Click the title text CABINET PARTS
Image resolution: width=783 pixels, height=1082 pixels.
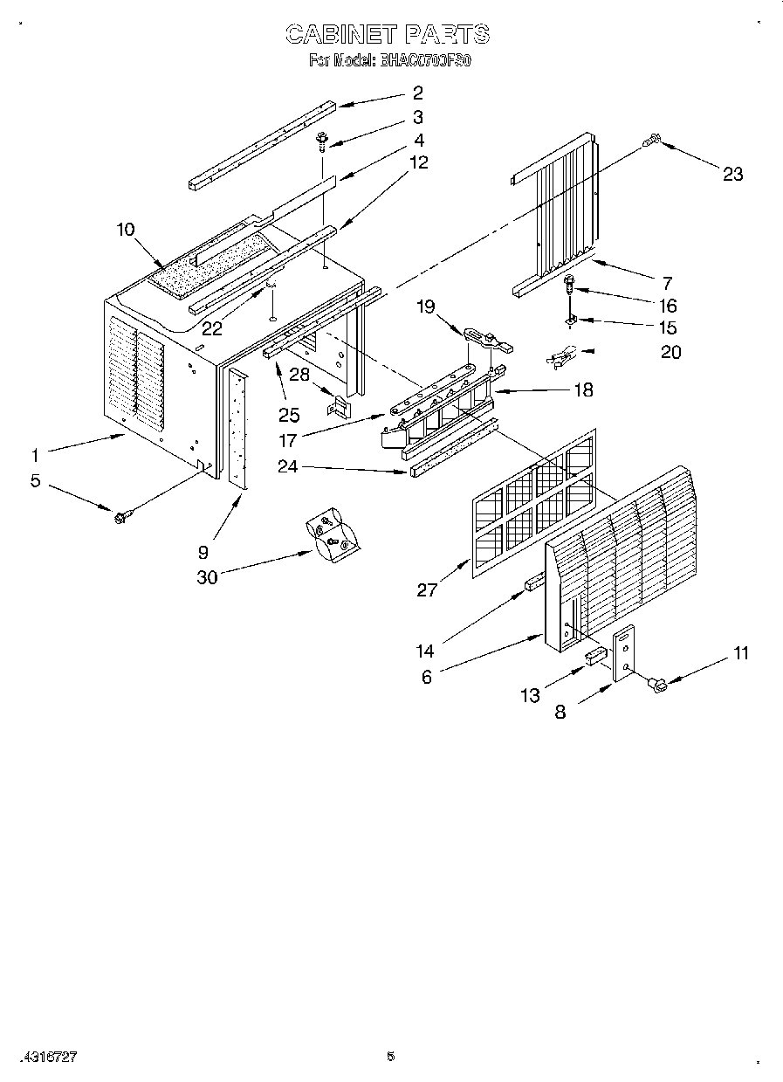pos(388,34)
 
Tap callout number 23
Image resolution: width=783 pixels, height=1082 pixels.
pos(732,174)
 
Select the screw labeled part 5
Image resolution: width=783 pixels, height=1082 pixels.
pos(120,516)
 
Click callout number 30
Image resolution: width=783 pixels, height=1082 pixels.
pos(207,576)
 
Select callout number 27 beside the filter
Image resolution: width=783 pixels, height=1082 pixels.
pos(427,590)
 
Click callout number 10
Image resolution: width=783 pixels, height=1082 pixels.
pos(125,229)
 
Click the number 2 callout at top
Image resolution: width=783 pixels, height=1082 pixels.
pos(417,93)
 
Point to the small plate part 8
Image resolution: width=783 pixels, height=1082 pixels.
pos(624,654)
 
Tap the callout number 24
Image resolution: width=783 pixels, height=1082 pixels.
pos(288,466)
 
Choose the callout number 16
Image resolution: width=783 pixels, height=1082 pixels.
pos(668,306)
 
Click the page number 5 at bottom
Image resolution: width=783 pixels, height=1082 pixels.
pos(390,1056)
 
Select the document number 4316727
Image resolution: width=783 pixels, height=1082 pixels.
pos(52,1056)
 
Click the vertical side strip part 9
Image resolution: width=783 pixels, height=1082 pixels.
pos(237,428)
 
